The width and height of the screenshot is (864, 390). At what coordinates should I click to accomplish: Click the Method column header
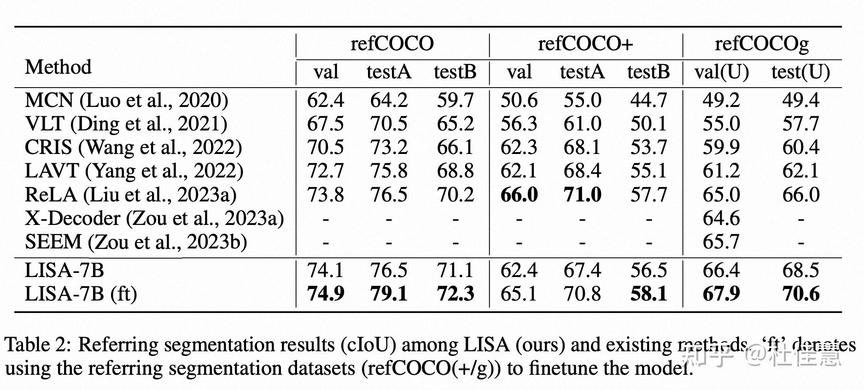click(x=58, y=67)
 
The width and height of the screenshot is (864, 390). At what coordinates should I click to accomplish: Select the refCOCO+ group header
click(x=585, y=44)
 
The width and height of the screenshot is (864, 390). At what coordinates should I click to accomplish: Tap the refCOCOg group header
click(x=762, y=44)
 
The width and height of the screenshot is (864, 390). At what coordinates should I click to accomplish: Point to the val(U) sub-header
click(x=721, y=72)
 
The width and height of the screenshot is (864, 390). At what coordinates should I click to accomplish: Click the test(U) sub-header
click(x=800, y=72)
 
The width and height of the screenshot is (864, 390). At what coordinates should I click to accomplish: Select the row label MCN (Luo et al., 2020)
click(x=126, y=100)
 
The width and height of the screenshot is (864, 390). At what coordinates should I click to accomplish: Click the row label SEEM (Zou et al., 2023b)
click(x=136, y=242)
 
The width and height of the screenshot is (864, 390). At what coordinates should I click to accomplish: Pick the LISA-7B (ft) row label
click(x=81, y=294)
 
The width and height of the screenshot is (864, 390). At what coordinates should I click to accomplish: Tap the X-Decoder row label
click(x=154, y=219)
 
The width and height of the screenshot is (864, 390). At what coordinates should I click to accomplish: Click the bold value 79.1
click(x=389, y=294)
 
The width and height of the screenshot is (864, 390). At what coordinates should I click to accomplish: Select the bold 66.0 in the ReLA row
click(x=519, y=195)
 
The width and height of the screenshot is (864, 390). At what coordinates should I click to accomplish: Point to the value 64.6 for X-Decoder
click(x=721, y=219)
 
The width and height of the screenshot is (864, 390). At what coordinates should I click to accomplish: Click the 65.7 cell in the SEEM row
click(x=721, y=242)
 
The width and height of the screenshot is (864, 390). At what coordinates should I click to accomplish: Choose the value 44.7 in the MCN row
click(x=648, y=100)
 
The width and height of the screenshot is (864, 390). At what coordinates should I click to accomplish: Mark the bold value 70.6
click(x=801, y=294)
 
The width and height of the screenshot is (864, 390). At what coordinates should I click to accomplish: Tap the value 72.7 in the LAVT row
click(x=325, y=171)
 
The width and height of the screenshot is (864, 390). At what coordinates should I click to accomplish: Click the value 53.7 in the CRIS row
click(x=648, y=148)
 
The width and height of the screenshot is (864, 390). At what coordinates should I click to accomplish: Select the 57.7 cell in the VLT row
click(x=801, y=124)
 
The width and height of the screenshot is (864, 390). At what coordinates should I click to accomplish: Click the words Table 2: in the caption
click(x=38, y=345)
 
